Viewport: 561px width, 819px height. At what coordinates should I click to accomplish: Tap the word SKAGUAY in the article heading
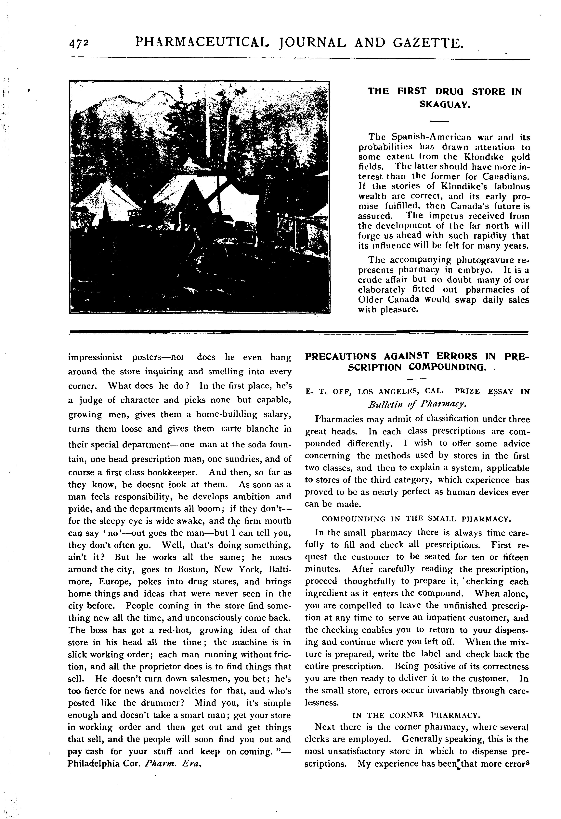[445, 105]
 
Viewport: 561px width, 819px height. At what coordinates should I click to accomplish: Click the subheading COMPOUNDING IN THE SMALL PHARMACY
[416, 519]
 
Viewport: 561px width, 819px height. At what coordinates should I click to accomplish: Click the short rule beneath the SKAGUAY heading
[439, 122]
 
